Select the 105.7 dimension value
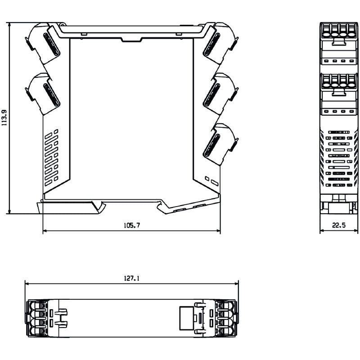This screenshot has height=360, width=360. pyautogui.click(x=132, y=225)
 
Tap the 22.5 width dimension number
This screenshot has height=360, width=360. pyautogui.click(x=339, y=225)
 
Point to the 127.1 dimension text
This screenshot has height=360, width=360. pyautogui.click(x=132, y=279)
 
